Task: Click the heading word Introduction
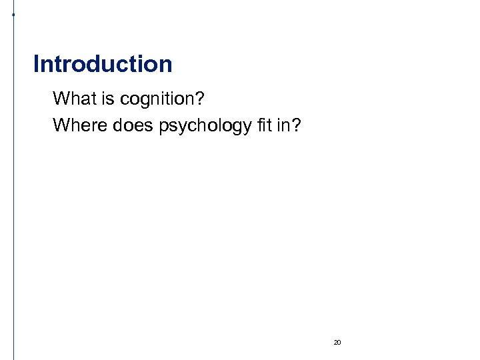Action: coord(103,65)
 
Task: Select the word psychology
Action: coord(205,125)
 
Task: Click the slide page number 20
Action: coord(337,342)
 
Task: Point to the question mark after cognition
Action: coord(200,99)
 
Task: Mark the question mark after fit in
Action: coord(297,125)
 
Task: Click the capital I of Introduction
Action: coord(36,65)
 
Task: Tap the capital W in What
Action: coord(61,99)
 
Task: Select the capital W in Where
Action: coord(61,125)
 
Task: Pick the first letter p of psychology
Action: coord(164,126)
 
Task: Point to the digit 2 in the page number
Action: coord(335,342)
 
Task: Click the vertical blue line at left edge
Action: coord(14,200)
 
